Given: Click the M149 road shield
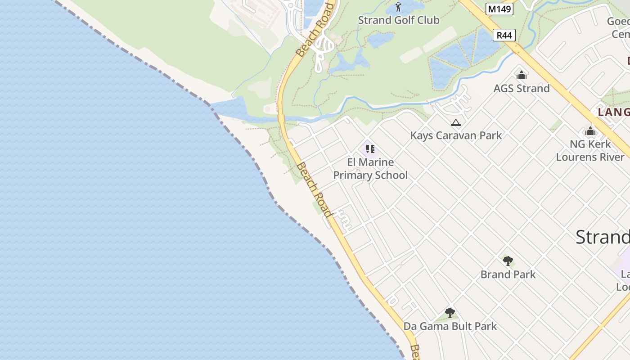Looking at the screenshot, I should (499, 9).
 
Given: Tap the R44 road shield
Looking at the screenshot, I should (504, 35).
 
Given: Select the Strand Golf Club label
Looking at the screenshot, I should (398, 20).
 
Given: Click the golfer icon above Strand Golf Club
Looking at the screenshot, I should (398, 7).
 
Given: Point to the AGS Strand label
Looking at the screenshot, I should (522, 88).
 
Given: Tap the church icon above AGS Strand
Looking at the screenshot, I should (522, 75).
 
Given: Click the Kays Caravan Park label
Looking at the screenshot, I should (456, 135).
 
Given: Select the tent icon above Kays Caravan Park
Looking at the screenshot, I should (456, 122).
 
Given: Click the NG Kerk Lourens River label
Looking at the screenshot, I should (590, 150).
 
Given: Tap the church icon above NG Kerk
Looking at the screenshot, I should (590, 131).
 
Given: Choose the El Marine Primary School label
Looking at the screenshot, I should (370, 169).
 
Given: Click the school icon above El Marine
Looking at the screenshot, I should (370, 149).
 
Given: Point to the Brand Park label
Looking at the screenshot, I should (508, 274).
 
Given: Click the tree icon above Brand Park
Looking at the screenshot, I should (508, 261).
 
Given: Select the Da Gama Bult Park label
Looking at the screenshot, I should (450, 326).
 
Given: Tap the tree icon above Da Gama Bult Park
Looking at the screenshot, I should (450, 312).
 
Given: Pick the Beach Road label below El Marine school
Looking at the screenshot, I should (314, 189).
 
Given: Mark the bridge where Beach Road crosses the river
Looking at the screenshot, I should (281, 118).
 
